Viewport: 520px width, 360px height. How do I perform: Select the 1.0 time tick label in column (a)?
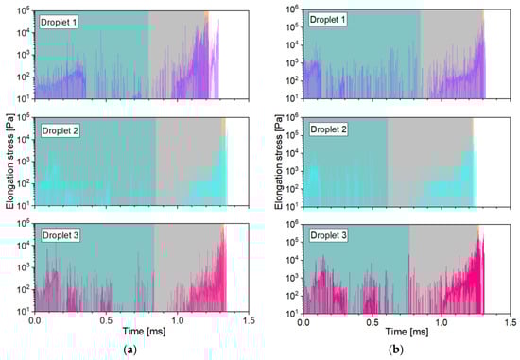[x=177, y=321]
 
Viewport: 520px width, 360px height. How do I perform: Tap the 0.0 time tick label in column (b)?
[x=303, y=321]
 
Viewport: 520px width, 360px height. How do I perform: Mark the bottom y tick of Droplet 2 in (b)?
[x=291, y=205]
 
